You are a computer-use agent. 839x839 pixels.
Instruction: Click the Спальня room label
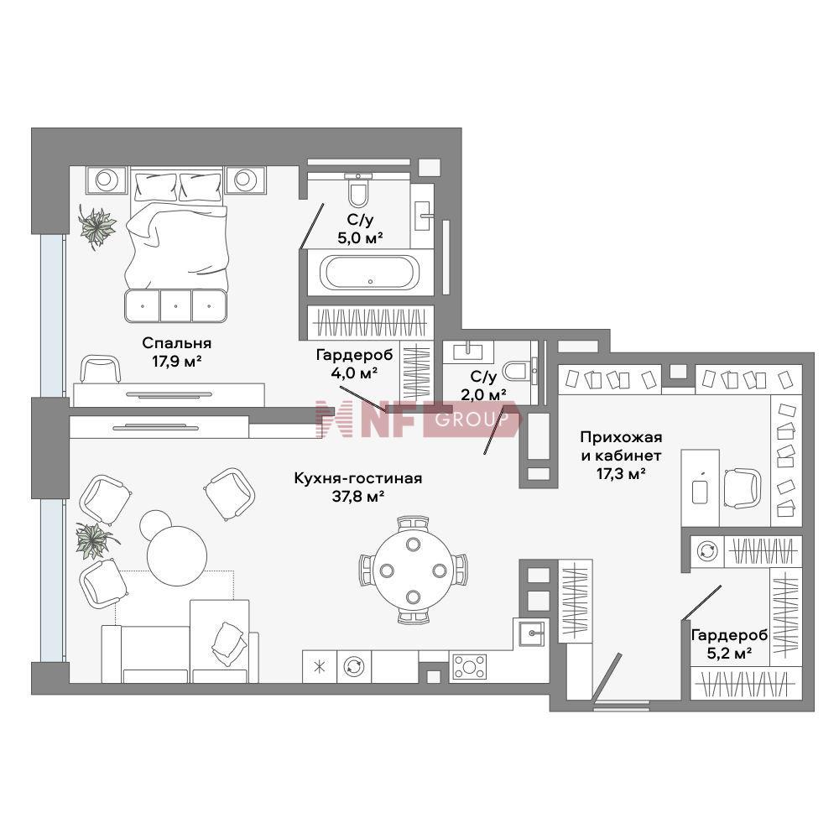coord(176,342)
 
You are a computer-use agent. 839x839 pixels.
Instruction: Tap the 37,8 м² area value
coord(358,497)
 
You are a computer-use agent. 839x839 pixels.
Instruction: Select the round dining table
coord(413,570)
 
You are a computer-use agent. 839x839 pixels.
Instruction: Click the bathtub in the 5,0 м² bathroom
coord(370,273)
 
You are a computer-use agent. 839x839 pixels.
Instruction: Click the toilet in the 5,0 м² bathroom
coord(358,190)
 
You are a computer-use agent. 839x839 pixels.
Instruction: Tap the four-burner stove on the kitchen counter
coord(469,667)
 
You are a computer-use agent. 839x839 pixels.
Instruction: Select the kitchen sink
coord(530,633)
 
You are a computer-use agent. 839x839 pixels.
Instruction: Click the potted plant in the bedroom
coord(96,227)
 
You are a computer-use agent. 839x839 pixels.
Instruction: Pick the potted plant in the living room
coord(95,540)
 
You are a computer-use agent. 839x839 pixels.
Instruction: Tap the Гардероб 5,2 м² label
coord(729,644)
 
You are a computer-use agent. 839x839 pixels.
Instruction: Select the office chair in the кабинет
coord(742,488)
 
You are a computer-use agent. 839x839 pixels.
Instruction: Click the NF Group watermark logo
coord(417,419)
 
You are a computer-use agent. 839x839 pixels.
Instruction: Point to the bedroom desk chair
coord(100,369)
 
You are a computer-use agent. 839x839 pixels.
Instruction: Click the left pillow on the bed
coord(156,185)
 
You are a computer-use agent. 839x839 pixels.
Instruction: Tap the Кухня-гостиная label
coord(358,478)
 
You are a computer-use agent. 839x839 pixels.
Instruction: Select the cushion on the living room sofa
coord(229,644)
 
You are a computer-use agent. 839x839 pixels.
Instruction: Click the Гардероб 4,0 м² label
coord(354,364)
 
